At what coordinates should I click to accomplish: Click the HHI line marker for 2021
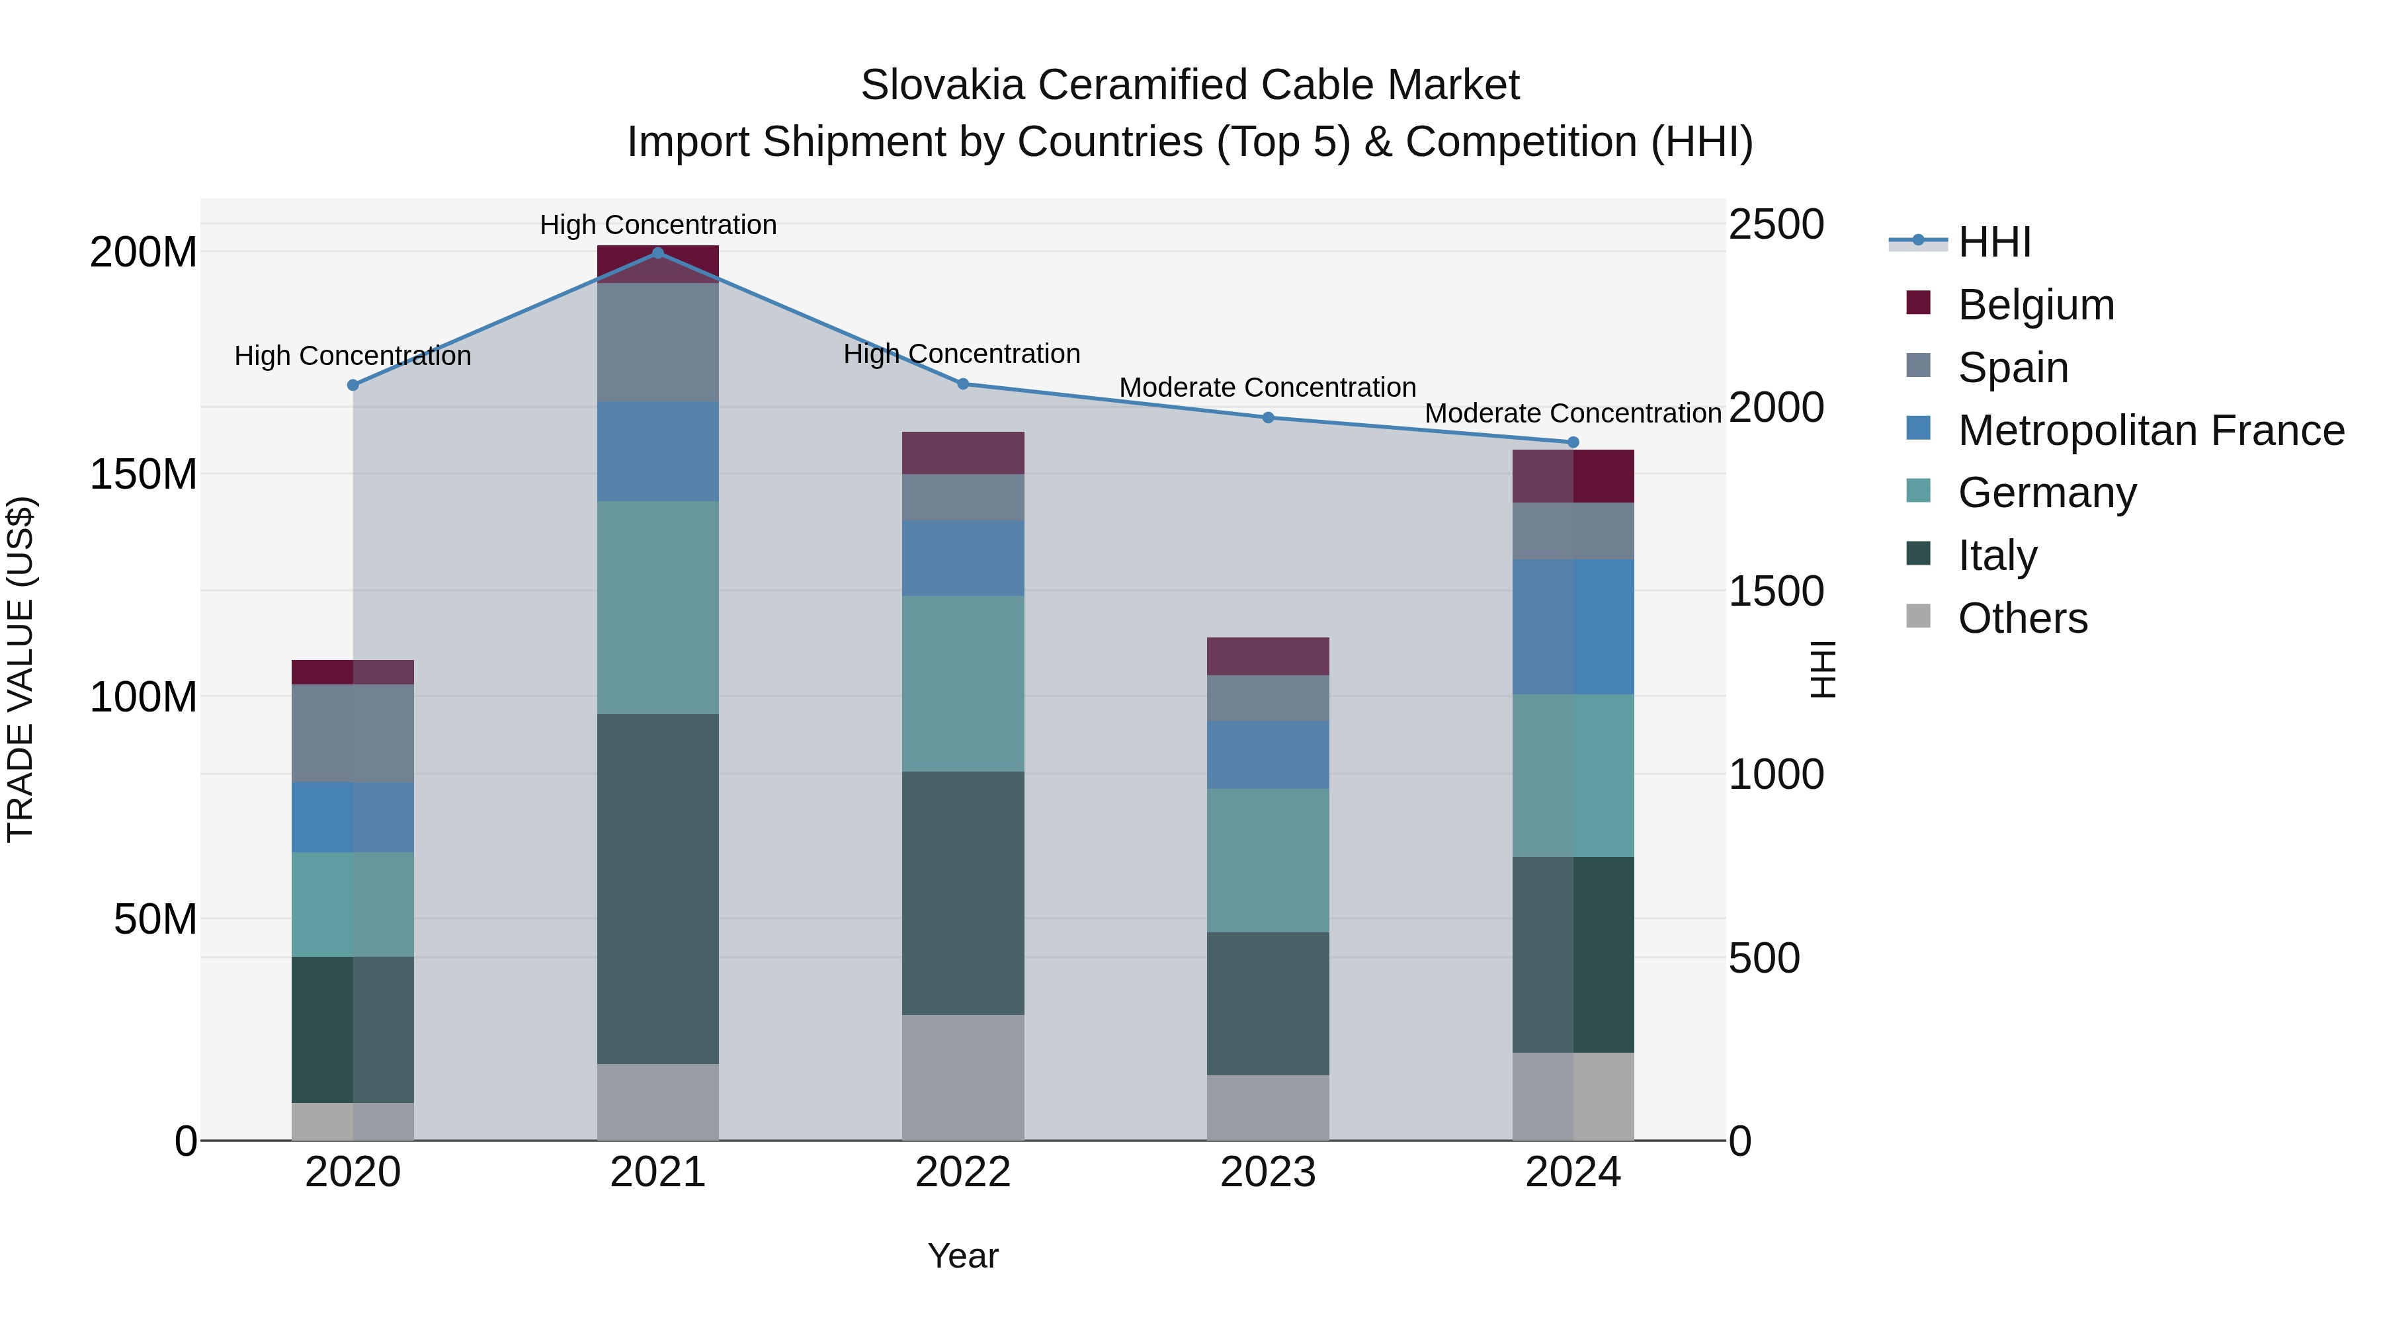pos(657,253)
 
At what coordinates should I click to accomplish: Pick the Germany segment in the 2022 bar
pos(962,683)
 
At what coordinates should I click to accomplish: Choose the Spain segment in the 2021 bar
pos(657,342)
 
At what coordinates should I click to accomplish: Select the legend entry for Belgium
pos(2034,305)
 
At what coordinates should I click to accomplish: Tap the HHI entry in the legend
pos(1993,242)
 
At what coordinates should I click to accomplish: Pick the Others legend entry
pos(2021,618)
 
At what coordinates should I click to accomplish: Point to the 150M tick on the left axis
pos(144,474)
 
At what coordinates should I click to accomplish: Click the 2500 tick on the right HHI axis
pos(1776,225)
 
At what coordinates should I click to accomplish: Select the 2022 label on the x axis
pos(962,1172)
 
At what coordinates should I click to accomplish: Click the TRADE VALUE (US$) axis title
pos(21,669)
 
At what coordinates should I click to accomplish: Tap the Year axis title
pos(962,1256)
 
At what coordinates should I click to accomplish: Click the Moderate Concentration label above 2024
pos(1572,413)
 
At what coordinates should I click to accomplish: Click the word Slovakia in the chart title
pos(942,85)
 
